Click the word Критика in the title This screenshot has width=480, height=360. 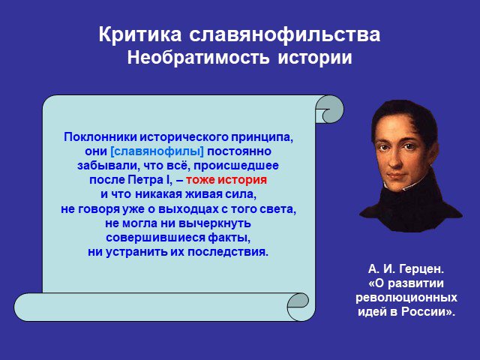(x=140, y=34)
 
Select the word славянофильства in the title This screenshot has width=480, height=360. (x=285, y=35)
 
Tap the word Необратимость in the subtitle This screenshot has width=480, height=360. (x=198, y=57)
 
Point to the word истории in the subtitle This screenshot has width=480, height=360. (x=315, y=58)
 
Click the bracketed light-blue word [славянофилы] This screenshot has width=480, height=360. (x=157, y=151)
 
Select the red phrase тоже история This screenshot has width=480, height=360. (x=226, y=180)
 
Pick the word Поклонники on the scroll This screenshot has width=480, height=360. (x=100, y=136)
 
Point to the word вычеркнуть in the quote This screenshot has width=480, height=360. (x=214, y=223)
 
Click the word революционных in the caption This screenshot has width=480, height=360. (x=406, y=298)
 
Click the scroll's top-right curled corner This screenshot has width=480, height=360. (x=329, y=109)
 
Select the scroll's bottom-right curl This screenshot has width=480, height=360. (x=298, y=307)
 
